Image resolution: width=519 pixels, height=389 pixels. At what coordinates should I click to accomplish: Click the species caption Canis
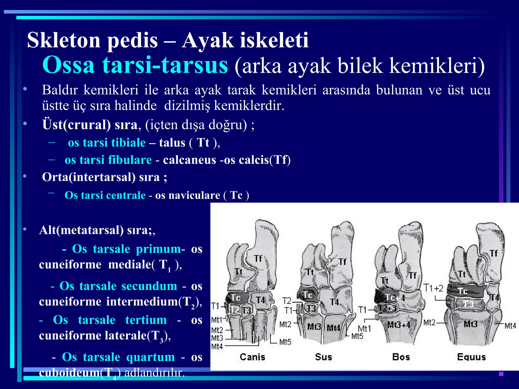[x=252, y=357]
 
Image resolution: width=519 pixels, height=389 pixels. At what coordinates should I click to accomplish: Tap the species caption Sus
[x=323, y=357]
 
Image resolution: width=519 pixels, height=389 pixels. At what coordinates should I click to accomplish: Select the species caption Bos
[x=401, y=357]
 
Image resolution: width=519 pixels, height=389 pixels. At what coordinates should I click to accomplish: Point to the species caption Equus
[x=471, y=357]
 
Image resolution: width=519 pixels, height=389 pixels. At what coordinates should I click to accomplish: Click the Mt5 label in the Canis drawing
[x=285, y=342]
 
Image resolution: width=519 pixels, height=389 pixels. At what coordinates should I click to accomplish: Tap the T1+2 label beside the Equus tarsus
[x=434, y=288]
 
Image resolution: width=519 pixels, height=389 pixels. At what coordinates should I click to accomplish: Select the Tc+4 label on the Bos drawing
[x=395, y=298]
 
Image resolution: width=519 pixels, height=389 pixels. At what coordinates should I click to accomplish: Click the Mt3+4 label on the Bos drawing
[x=398, y=325]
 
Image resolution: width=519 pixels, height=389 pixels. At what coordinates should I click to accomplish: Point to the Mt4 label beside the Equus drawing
[x=510, y=326]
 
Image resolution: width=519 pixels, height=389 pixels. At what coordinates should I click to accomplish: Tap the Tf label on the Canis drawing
[x=258, y=259]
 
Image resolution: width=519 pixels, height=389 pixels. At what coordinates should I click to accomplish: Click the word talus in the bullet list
[x=172, y=143]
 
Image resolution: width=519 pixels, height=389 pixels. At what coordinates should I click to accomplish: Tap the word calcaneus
[x=189, y=160]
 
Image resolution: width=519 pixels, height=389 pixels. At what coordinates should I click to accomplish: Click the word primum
[x=158, y=249]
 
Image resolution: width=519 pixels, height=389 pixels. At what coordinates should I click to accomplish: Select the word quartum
[x=151, y=357]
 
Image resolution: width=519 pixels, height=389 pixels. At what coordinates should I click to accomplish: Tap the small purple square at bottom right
[x=501, y=374]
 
